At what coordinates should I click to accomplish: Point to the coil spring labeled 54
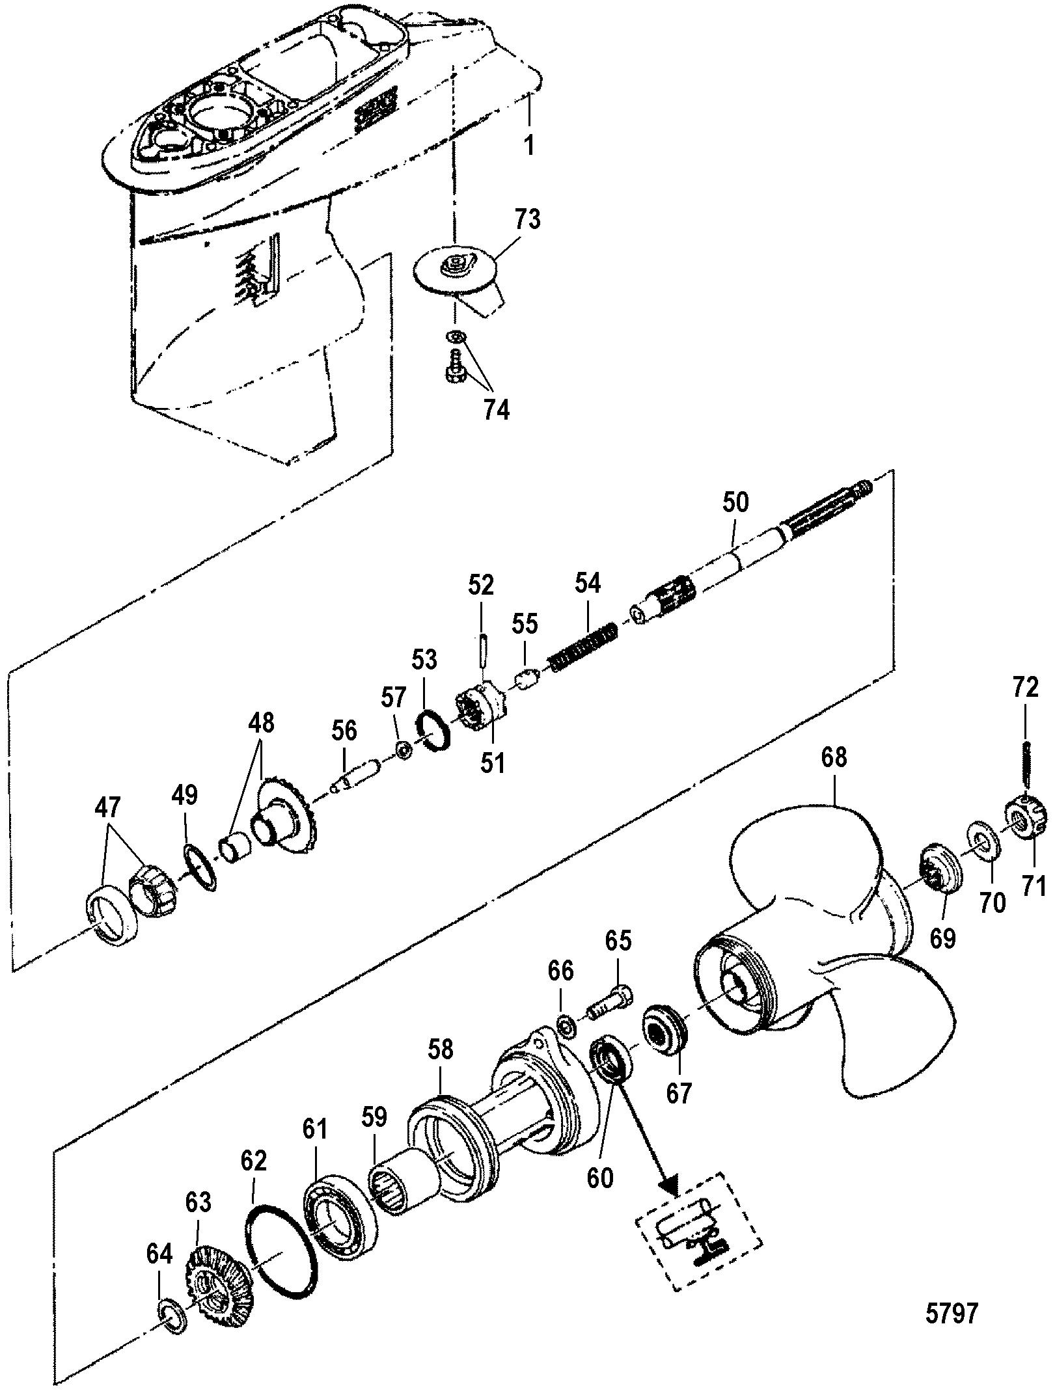point(584,647)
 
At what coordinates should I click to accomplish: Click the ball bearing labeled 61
point(341,1207)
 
